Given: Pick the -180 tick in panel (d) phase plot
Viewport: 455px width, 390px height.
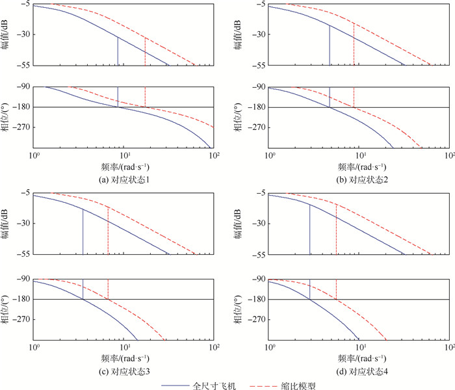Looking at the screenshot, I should [255, 300].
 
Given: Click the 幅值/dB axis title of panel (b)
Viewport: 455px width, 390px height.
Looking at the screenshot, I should [239, 34].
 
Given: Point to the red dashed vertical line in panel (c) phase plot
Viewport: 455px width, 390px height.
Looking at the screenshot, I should [108, 289].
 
